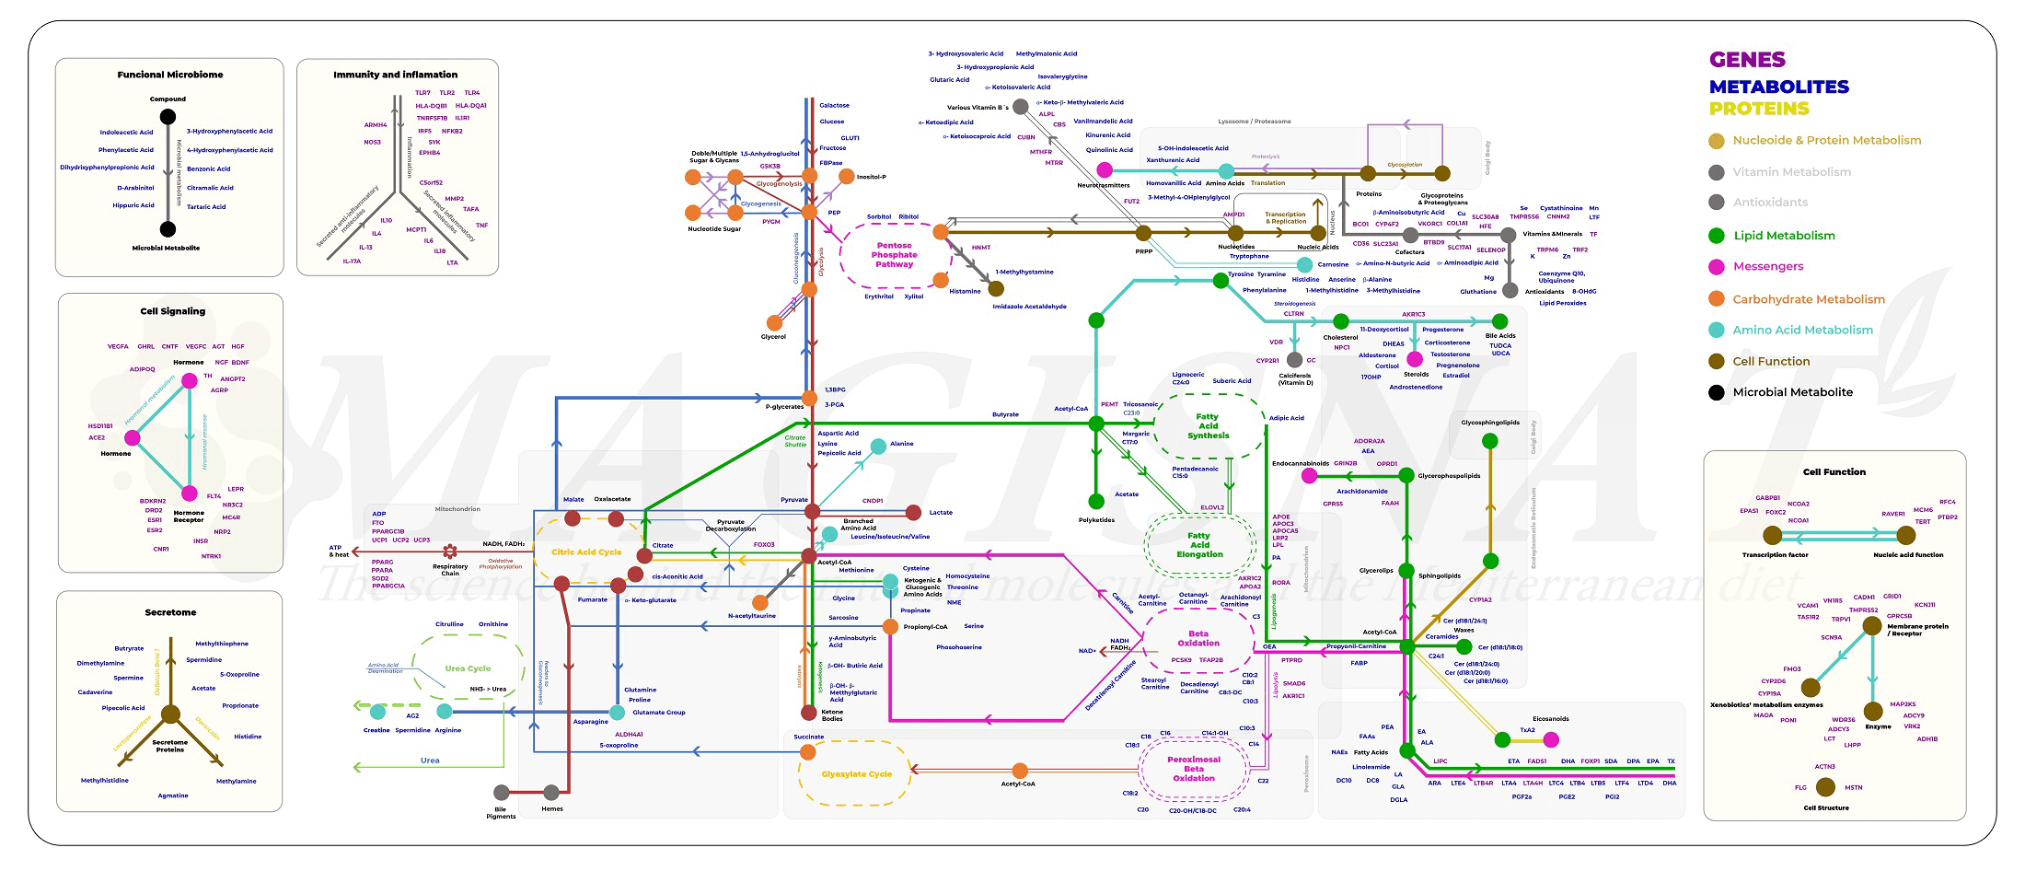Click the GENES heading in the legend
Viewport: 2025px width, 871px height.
click(x=1747, y=60)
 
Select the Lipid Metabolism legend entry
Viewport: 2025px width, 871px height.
click(x=1783, y=236)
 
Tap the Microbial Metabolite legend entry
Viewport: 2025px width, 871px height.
click(x=1792, y=392)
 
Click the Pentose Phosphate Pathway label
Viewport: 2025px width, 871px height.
click(x=894, y=255)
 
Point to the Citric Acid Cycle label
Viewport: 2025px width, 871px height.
click(x=586, y=552)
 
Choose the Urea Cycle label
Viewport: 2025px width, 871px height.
click(x=468, y=668)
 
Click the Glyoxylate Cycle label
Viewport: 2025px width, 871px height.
click(x=856, y=774)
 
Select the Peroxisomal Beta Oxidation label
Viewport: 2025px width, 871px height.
click(x=1194, y=769)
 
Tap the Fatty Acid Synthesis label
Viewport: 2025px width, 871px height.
click(x=1208, y=426)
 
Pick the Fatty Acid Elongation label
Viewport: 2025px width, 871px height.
click(x=1199, y=545)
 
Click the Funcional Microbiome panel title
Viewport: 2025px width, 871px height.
click(x=169, y=75)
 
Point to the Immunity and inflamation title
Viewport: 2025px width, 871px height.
click(x=395, y=75)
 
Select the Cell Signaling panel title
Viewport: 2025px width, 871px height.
click(x=172, y=311)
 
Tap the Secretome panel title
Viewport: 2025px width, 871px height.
click(x=170, y=612)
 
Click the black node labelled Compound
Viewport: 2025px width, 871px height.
click(x=168, y=117)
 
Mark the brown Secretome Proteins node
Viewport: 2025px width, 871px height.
click(x=170, y=714)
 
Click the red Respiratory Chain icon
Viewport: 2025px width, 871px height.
click(x=450, y=552)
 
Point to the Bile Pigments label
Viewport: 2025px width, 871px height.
click(x=501, y=813)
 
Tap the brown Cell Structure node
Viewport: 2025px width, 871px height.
click(x=1826, y=786)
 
